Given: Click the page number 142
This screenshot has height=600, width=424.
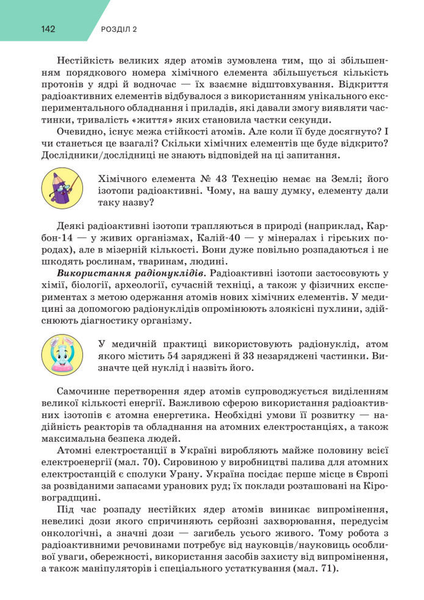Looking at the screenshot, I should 49,29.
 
